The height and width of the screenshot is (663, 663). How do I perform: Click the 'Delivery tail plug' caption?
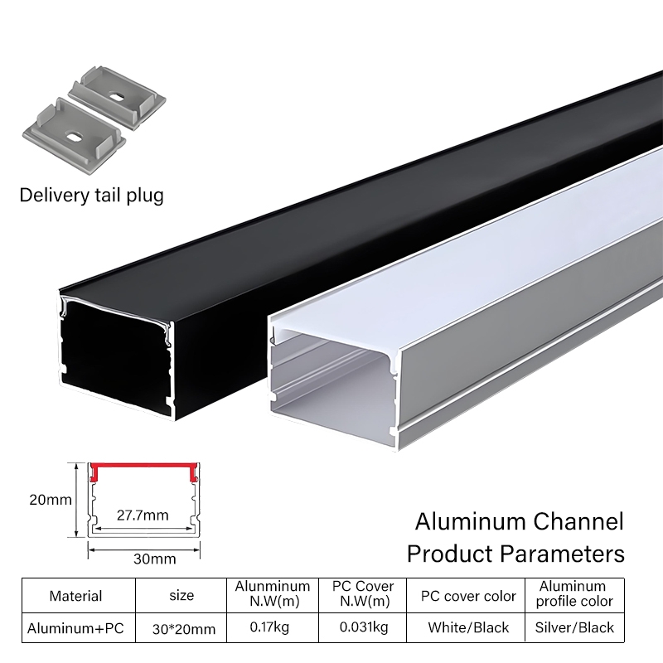[91, 196]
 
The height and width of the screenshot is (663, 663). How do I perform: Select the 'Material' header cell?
[75, 596]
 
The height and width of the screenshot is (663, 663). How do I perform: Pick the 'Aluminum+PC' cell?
[75, 628]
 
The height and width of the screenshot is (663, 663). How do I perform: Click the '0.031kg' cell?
[363, 627]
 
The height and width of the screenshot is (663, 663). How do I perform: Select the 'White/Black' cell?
[468, 628]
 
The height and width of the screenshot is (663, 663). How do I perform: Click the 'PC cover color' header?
[468, 596]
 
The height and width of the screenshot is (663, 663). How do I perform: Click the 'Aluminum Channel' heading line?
[518, 522]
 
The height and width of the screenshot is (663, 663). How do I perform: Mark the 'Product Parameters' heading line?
[515, 552]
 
